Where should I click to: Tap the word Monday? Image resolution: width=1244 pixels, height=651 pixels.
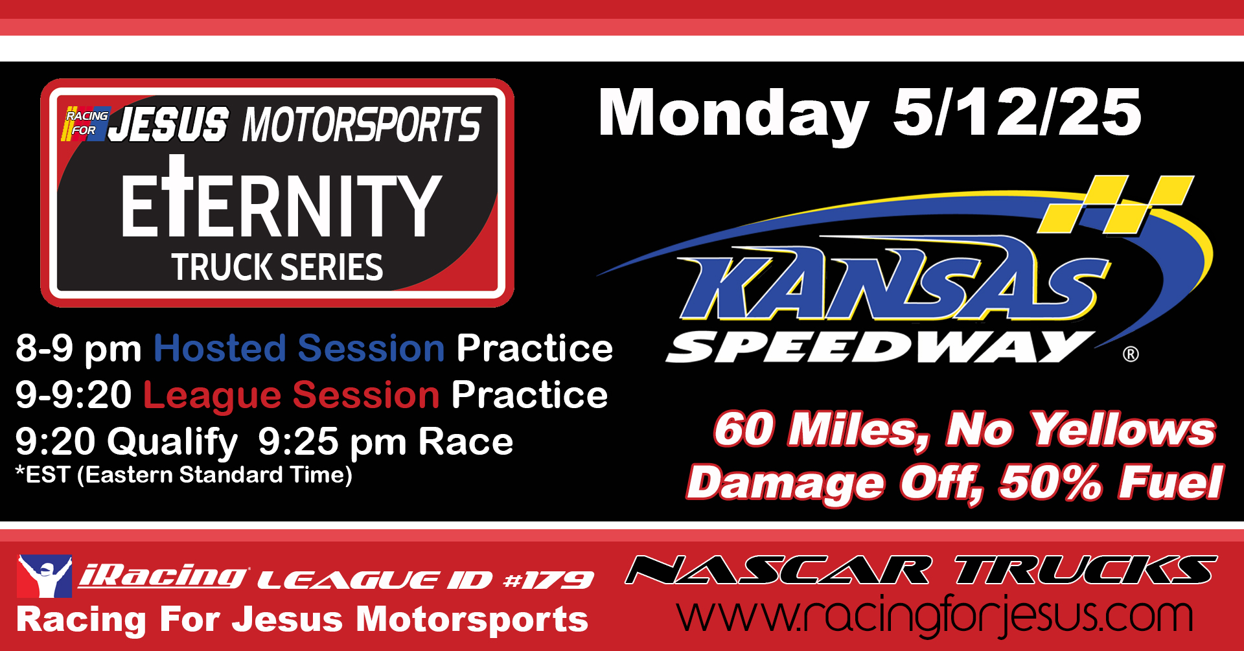point(733,115)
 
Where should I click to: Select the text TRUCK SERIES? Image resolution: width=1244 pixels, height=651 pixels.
point(277,267)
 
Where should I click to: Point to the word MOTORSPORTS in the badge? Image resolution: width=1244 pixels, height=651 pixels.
point(362,124)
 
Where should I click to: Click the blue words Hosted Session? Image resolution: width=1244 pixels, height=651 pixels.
point(299,348)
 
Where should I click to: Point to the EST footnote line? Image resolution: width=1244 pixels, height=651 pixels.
point(184,475)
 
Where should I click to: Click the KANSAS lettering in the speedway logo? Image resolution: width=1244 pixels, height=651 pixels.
point(894,280)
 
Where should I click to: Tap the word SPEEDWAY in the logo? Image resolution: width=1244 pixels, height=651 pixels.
point(879,347)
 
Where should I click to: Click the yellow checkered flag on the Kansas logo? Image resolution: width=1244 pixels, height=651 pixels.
point(1116,204)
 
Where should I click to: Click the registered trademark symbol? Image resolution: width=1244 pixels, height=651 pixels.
point(1131,354)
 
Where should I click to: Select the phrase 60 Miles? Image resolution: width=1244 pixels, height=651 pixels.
point(822,429)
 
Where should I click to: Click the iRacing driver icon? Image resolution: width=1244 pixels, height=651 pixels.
point(44,576)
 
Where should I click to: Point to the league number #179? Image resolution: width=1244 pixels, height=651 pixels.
point(549,580)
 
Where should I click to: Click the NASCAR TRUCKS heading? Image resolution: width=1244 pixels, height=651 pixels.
point(921,570)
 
